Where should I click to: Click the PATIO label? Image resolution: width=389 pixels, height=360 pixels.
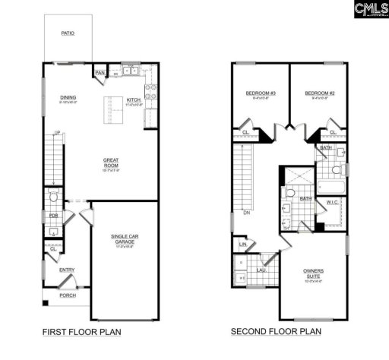[68, 33]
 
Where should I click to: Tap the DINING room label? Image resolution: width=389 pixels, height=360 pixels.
[68, 97]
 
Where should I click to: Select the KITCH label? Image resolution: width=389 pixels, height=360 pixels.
[134, 99]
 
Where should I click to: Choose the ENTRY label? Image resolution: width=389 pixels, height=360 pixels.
[67, 270]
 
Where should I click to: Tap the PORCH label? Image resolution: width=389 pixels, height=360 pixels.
[67, 295]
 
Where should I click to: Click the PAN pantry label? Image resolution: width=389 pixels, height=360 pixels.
[100, 73]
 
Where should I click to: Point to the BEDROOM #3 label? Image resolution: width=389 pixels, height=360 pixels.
[260, 94]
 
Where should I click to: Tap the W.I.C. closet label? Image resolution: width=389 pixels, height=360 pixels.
[333, 204]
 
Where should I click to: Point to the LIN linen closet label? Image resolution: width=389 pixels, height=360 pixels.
[243, 245]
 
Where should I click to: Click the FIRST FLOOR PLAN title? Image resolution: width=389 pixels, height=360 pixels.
[82, 332]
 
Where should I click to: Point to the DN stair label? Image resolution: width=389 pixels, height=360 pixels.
[247, 213]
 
